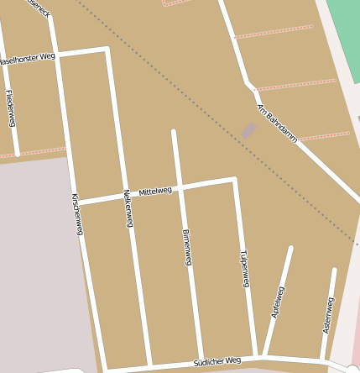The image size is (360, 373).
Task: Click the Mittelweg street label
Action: pos(155,192)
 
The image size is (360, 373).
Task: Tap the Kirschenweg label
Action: pos(76,214)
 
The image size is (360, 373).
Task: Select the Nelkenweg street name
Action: pos(128,208)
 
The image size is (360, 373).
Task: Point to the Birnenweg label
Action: pos(187,247)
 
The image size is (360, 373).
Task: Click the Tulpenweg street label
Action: pos(244,268)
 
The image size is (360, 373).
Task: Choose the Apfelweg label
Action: pos(278,302)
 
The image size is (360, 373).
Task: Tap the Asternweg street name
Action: pos(328,315)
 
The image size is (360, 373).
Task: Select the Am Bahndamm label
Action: pos(277,123)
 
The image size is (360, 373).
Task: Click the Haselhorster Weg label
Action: pos(27,60)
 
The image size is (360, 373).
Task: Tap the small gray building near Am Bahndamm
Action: pos(248,130)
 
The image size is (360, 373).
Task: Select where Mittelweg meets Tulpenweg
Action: pos(234,179)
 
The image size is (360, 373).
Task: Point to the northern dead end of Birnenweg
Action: pos(174,132)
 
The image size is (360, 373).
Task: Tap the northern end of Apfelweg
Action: pos(290,248)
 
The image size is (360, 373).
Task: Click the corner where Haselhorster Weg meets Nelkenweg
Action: pos(107,50)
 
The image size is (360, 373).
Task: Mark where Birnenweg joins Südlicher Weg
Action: pos(201,362)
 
